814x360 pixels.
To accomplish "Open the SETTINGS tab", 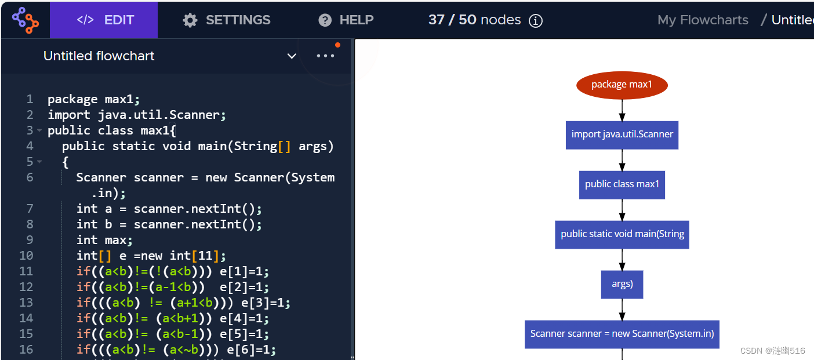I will point(227,20).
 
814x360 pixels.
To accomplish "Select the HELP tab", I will point(346,20).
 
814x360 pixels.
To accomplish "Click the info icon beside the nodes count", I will point(536,21).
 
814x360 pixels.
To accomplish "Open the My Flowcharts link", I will point(703,20).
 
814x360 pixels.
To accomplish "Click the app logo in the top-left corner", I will point(25,20).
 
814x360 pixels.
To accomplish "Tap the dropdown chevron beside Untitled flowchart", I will point(292,56).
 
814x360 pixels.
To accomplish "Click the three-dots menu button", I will point(325,56).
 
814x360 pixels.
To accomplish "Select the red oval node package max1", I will point(622,85).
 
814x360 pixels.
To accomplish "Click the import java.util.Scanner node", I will point(622,134).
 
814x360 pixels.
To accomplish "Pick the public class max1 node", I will point(622,184).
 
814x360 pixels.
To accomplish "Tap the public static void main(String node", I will point(622,234).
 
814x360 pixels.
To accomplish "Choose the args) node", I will point(622,284).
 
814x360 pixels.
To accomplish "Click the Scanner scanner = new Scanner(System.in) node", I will point(622,334).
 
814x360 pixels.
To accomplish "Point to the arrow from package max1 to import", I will point(622,110).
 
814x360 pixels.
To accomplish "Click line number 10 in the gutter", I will point(26,256).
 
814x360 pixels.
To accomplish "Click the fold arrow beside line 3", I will point(39,130).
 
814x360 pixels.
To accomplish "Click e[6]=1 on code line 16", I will point(248,350).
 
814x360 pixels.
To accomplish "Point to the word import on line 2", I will point(66,115).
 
